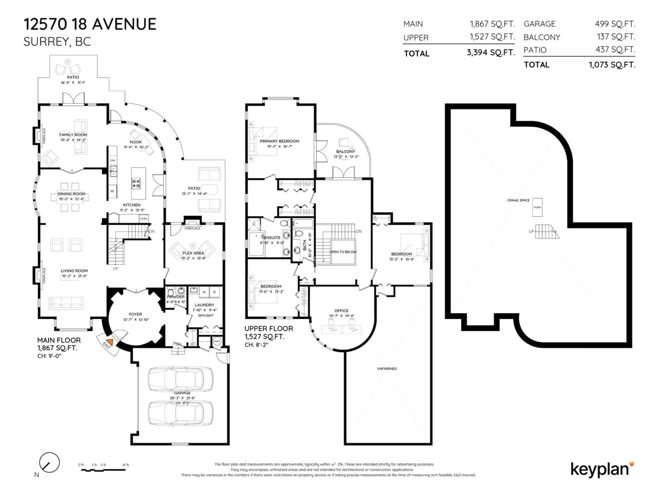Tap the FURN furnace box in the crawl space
pos(537,207)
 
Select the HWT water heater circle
pos(217,341)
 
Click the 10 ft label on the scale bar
pos(125,465)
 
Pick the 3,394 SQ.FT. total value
pos(491,53)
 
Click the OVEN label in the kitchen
pos(144,219)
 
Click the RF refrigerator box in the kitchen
pos(112,191)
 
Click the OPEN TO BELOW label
pos(343,252)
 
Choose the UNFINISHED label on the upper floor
pos(387,368)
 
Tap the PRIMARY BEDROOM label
pos(279,141)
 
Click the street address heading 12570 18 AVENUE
pos(90,24)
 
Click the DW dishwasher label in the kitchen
pos(113,160)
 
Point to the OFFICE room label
pos(341,311)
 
